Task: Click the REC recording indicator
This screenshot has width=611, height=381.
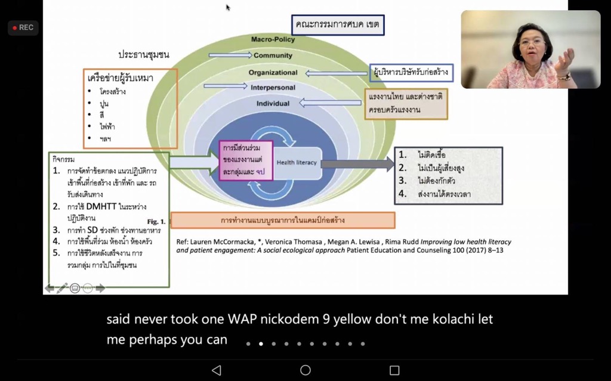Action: tap(23, 27)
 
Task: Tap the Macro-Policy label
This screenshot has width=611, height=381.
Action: tap(273, 39)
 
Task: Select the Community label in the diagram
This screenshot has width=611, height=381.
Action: tap(273, 55)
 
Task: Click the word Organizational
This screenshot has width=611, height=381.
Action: tap(273, 72)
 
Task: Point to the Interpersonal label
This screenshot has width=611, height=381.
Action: tap(273, 88)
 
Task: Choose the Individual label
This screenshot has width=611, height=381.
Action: tap(273, 103)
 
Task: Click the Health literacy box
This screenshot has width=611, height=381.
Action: tap(297, 162)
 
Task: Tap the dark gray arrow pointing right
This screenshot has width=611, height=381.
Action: tap(358, 163)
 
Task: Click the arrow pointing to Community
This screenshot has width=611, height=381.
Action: tap(230, 55)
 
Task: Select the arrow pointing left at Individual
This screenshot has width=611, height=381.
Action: tap(329, 103)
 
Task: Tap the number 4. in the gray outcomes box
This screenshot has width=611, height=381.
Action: tap(403, 193)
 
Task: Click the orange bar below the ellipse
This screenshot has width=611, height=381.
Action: tap(282, 220)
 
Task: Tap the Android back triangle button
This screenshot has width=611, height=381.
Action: tap(217, 370)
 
